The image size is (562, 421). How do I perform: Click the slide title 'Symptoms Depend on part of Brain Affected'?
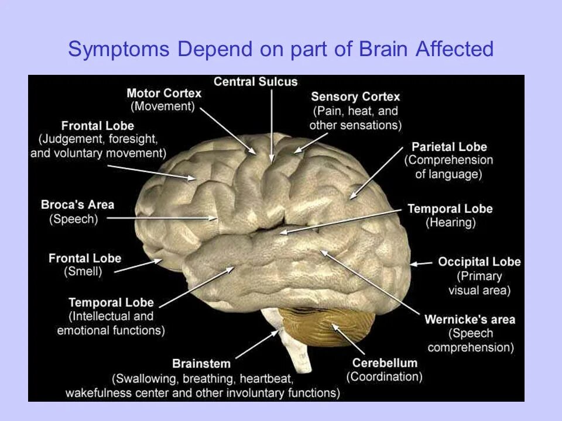pyautogui.click(x=281, y=50)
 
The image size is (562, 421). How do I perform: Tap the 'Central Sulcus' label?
pyautogui.click(x=255, y=82)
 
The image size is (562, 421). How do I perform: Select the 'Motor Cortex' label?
pyautogui.click(x=164, y=94)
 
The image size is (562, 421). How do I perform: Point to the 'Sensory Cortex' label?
pyautogui.click(x=355, y=96)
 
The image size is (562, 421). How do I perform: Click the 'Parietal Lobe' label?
pyautogui.click(x=449, y=147)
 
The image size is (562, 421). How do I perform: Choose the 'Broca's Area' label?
pyautogui.click(x=77, y=205)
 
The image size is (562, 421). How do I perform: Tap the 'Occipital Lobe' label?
pyautogui.click(x=479, y=262)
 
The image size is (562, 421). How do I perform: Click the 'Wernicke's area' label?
pyautogui.click(x=470, y=319)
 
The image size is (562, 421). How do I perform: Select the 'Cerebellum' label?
pyautogui.click(x=385, y=363)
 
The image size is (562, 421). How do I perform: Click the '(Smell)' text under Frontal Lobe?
pyautogui.click(x=83, y=272)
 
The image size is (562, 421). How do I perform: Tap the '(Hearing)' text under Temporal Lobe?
pyautogui.click(x=450, y=223)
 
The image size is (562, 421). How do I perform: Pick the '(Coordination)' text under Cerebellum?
pyautogui.click(x=385, y=377)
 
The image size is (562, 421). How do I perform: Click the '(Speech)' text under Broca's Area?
pyautogui.click(x=74, y=219)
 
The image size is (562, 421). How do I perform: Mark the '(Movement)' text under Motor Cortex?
pyautogui.click(x=162, y=107)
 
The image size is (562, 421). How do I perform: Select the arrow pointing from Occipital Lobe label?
pyautogui.click(x=420, y=264)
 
